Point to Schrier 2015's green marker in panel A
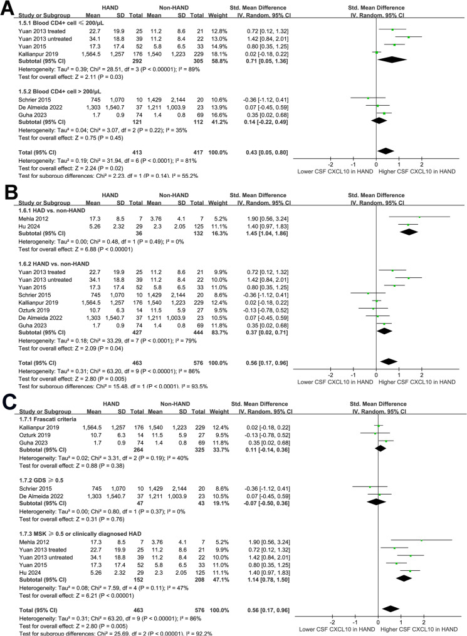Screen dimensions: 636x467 pos(368,98)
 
